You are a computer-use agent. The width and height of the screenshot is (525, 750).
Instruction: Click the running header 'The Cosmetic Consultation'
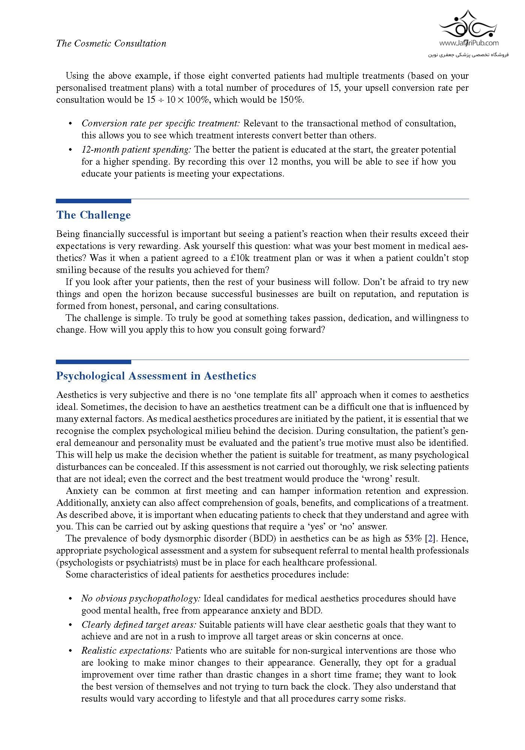(111, 43)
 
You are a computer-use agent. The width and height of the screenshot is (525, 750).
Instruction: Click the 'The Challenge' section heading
(93, 215)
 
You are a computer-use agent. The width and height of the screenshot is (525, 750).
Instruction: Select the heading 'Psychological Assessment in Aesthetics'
(156, 376)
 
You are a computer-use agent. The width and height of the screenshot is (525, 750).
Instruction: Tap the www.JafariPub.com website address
(468, 43)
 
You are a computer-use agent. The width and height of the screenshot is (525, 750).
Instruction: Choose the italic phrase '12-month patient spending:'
(136, 150)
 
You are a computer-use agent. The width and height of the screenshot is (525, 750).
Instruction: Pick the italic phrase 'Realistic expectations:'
(127, 651)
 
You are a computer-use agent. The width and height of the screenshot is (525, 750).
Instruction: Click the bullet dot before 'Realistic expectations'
(70, 651)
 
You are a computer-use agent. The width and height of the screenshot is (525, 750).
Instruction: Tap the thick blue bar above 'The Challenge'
(93, 201)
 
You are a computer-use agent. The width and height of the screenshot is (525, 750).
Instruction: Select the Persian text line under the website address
(468, 55)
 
